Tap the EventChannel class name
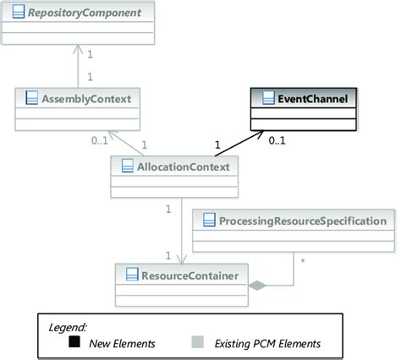312,99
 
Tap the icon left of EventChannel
267,99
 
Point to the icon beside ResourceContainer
131,273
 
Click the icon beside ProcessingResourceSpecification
207,221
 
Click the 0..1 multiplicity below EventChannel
277,141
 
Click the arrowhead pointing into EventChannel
257,132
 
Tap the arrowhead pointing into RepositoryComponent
80,49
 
